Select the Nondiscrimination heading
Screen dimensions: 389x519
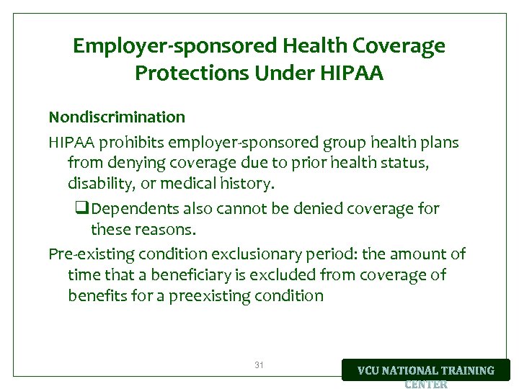(117, 117)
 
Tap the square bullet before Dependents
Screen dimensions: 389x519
(81, 209)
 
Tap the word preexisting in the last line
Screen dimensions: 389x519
(210, 295)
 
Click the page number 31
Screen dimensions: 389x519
(259, 366)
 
